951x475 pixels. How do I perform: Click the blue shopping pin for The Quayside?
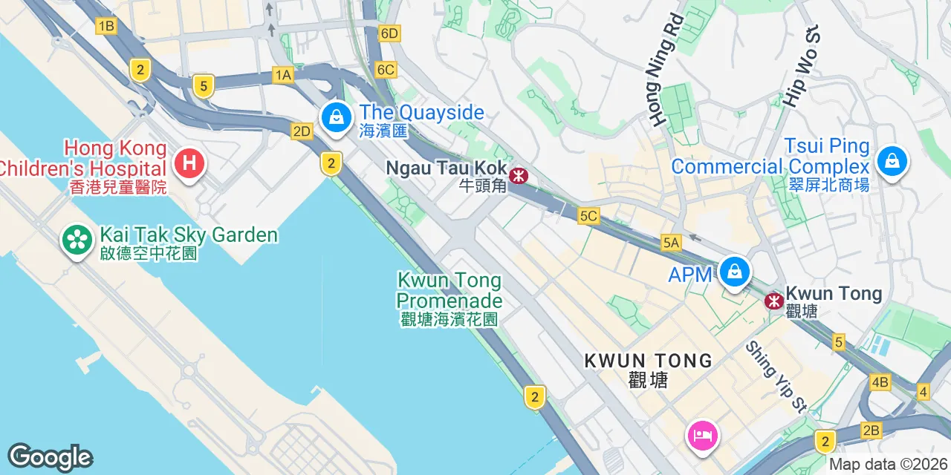337,117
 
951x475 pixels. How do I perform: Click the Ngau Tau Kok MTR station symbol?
519,176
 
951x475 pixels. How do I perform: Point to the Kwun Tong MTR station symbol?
774,301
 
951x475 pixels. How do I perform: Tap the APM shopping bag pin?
734,272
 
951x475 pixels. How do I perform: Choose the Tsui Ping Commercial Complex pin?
892,161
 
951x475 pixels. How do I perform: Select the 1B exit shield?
106,27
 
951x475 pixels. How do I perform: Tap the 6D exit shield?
389,33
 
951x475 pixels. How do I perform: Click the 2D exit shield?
302,131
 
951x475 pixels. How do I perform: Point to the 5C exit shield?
588,216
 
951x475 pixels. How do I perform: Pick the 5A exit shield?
671,242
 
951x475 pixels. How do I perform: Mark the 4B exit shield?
880,382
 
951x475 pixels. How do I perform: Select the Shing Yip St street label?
776,376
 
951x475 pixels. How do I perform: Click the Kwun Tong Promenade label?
449,291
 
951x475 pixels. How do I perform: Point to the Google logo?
50,458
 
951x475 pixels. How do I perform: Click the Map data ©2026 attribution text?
889,465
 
